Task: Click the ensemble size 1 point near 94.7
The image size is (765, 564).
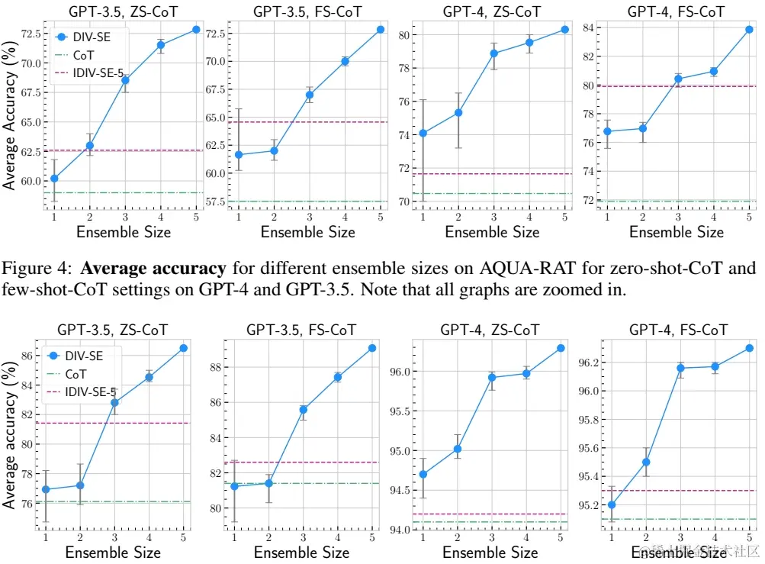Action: (423, 474)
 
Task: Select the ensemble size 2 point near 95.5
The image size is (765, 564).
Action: (645, 462)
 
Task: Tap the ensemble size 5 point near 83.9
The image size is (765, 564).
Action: (749, 30)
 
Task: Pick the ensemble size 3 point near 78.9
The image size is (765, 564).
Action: (493, 53)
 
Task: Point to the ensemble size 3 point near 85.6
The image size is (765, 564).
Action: (303, 410)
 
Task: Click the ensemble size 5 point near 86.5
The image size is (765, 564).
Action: (183, 348)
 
